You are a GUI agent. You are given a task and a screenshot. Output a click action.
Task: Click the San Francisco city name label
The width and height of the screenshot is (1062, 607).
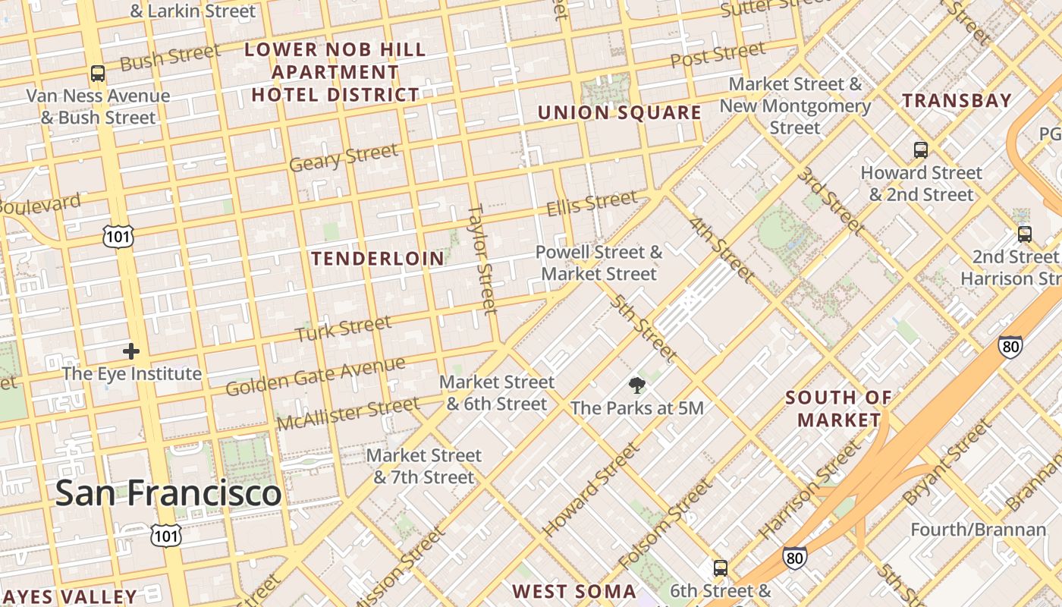pyautogui.click(x=168, y=493)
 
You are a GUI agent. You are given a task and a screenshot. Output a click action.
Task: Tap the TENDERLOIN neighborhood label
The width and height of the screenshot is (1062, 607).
pyautogui.click(x=378, y=259)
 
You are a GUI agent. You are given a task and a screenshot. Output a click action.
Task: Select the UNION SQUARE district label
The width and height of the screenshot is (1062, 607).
pyautogui.click(x=619, y=113)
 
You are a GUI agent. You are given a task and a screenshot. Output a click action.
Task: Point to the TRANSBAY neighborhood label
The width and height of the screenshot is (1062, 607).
pyautogui.click(x=957, y=100)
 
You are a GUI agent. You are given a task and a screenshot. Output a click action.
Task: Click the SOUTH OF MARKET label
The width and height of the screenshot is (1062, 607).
pyautogui.click(x=838, y=408)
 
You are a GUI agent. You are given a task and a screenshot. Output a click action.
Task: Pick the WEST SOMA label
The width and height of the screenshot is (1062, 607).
pyautogui.click(x=574, y=592)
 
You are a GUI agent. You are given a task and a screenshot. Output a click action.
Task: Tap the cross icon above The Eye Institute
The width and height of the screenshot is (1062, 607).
pyautogui.click(x=131, y=351)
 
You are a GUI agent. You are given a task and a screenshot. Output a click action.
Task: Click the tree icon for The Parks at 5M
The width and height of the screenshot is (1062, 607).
pyautogui.click(x=637, y=386)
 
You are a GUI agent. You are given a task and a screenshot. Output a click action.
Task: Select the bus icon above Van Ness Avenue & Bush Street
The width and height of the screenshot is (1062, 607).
pyautogui.click(x=98, y=74)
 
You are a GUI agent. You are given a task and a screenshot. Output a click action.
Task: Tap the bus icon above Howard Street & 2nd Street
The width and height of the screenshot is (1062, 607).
pyautogui.click(x=921, y=150)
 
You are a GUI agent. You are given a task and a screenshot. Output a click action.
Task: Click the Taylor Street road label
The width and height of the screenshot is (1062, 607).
pyautogui.click(x=482, y=258)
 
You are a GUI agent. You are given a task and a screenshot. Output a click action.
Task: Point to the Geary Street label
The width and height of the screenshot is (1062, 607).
pyautogui.click(x=344, y=158)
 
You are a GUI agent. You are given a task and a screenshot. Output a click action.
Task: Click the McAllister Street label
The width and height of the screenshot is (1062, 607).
pyautogui.click(x=347, y=414)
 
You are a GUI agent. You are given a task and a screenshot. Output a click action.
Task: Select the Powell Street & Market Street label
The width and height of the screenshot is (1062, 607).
pyautogui.click(x=599, y=263)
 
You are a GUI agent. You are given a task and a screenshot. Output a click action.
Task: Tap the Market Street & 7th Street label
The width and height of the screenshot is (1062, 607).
pyautogui.click(x=423, y=466)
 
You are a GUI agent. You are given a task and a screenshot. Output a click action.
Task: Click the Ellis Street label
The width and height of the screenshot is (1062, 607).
pyautogui.click(x=592, y=203)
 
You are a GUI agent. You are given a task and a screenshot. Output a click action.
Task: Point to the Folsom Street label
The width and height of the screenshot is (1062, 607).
pyautogui.click(x=665, y=524)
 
